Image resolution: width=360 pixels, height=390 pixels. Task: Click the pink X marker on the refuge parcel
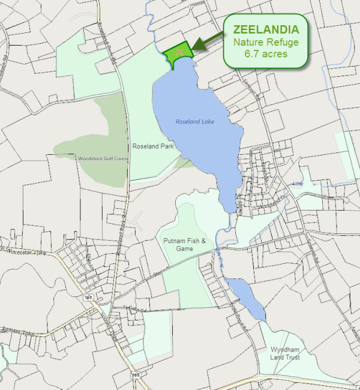coord(180,53)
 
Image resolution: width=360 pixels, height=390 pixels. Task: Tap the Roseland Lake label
coord(194,121)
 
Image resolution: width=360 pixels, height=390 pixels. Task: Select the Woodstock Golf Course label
coord(102,158)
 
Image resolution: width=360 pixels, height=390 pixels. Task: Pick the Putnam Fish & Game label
coord(184,244)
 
